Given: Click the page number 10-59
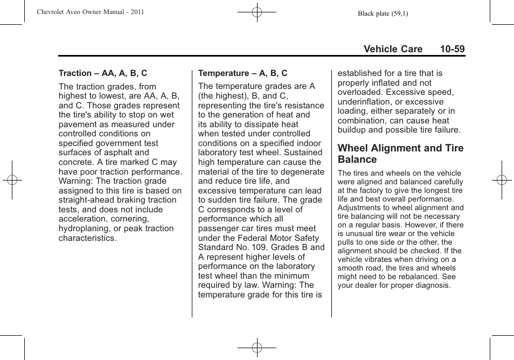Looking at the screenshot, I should click(452, 49).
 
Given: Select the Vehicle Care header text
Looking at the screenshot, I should click(393, 49).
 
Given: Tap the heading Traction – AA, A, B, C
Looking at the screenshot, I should click(103, 73).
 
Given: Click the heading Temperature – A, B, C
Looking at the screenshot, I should click(242, 73).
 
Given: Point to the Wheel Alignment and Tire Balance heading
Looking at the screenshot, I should click(400, 154).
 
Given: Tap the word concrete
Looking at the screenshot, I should click(75, 162).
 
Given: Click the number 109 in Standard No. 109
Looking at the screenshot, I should click(269, 247).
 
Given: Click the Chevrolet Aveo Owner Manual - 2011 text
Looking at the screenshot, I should click(91, 12).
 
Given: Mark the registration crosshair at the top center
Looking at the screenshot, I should click(257, 11).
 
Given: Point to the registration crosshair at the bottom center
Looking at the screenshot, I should click(257, 348).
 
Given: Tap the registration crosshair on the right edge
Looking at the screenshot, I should click(501, 180).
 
